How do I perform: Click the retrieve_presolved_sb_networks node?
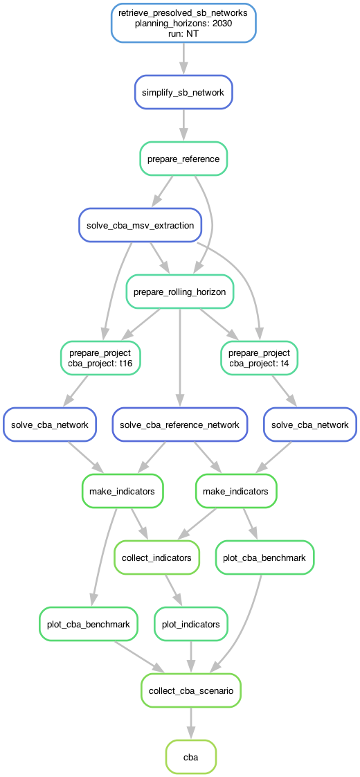[183, 22]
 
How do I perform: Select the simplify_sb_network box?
[183, 92]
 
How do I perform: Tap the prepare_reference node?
[183, 159]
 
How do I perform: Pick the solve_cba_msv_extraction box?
[141, 226]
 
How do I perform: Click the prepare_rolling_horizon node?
[180, 292]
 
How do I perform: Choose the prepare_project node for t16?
[100, 359]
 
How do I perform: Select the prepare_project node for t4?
[260, 359]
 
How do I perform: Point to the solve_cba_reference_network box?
[180, 425]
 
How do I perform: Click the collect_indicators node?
[156, 558]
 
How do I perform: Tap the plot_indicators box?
[191, 624]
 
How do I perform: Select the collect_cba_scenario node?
[191, 690]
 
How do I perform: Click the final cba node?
[191, 757]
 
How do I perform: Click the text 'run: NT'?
[183, 33]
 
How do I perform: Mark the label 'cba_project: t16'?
[100, 364]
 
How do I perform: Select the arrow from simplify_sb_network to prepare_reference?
[183, 125]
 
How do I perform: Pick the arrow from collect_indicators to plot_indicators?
[174, 591]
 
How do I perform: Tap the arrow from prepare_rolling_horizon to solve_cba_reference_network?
[180, 358]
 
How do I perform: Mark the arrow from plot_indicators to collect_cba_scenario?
[191, 657]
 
